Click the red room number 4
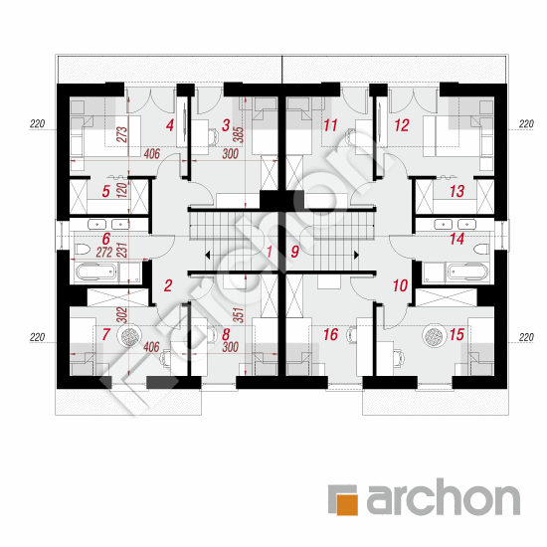point(170,125)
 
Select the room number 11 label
point(331,125)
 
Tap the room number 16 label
point(331,334)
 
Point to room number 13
point(457,191)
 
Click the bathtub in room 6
point(95,272)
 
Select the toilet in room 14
point(481,249)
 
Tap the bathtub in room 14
point(467,272)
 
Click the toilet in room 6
point(83,249)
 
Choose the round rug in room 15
point(434,336)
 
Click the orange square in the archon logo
point(347,499)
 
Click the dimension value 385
point(240,134)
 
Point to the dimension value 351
point(239,314)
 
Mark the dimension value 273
point(122,135)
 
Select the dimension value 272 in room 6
point(104,253)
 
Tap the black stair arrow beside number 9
point(356,255)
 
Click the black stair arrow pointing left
point(207,255)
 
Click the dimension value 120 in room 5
point(123,190)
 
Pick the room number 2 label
point(168,285)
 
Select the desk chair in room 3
point(213,135)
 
